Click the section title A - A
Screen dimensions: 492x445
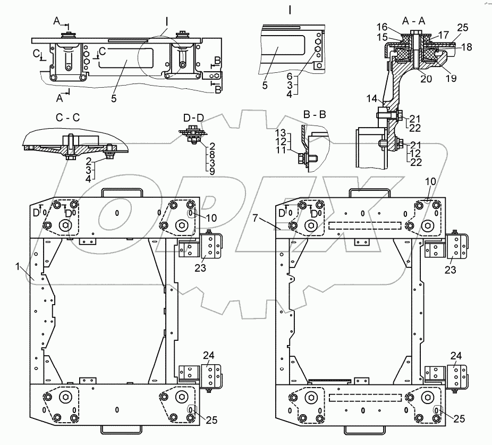(x=413, y=21)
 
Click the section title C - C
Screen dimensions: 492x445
(x=67, y=117)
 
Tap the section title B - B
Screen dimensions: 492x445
(x=315, y=115)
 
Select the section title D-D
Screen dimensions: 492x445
(x=193, y=118)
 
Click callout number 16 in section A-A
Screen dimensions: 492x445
(x=382, y=27)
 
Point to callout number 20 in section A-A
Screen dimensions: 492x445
(x=426, y=79)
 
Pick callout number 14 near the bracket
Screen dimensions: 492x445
(x=372, y=99)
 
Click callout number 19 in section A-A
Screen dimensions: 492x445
(x=451, y=79)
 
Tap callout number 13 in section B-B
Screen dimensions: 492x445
(x=281, y=133)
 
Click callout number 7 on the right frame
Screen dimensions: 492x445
(x=255, y=217)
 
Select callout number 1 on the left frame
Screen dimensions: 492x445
(x=18, y=266)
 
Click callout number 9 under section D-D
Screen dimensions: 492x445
(x=212, y=172)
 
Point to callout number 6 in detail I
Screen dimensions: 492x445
(x=290, y=76)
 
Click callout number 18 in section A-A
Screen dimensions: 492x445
(x=466, y=47)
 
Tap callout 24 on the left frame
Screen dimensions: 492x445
(x=208, y=356)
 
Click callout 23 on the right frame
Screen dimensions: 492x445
(x=451, y=270)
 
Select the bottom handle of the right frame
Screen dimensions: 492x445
(x=364, y=430)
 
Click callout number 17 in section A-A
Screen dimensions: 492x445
(x=443, y=35)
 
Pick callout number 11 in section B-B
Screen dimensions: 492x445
(x=281, y=150)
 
